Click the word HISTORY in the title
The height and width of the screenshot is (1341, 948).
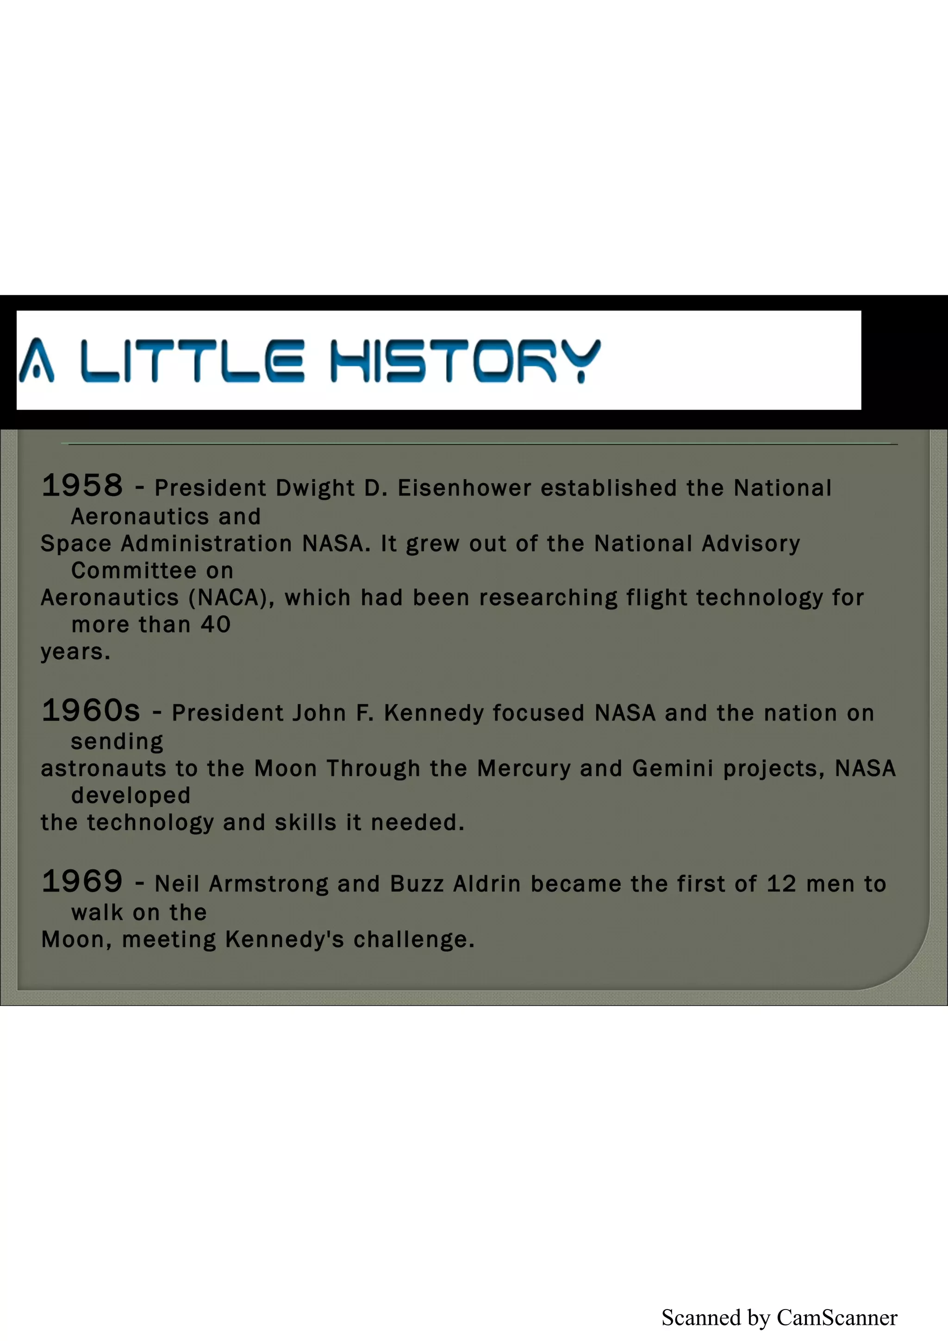(466, 360)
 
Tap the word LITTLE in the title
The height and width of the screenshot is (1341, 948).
(192, 360)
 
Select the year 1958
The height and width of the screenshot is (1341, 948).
(82, 485)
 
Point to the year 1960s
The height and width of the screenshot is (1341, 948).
(91, 710)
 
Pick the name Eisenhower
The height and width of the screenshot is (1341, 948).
(464, 488)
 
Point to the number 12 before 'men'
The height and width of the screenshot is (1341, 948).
(781, 884)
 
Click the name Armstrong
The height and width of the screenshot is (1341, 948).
(268, 884)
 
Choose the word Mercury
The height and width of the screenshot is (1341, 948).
(524, 769)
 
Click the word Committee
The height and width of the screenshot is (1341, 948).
(134, 571)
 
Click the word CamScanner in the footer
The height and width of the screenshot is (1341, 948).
(836, 1318)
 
